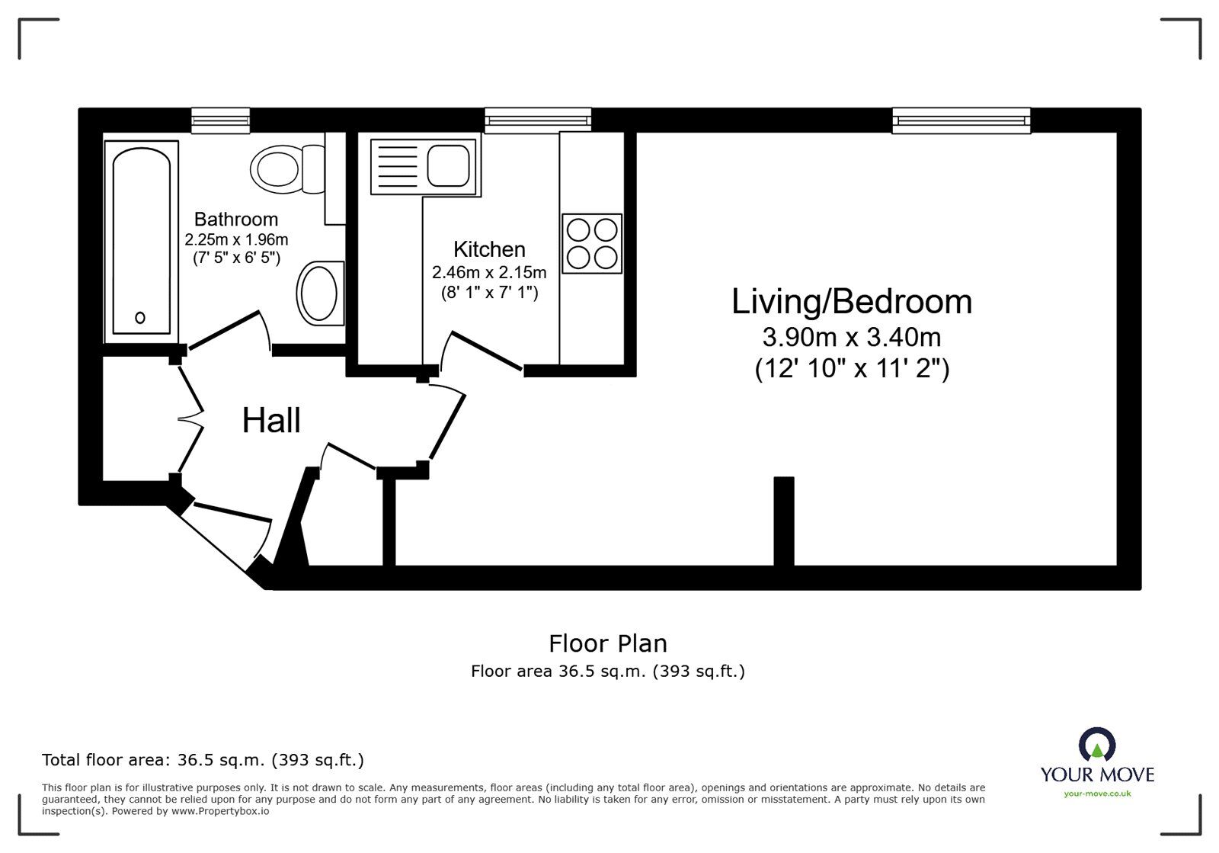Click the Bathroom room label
pyautogui.click(x=235, y=220)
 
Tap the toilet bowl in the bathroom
pyautogui.click(x=276, y=168)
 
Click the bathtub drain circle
pyautogui.click(x=140, y=318)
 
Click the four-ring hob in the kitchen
pyautogui.click(x=592, y=243)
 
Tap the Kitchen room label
pyautogui.click(x=489, y=249)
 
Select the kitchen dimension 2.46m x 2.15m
pyautogui.click(x=489, y=272)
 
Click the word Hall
pyautogui.click(x=271, y=421)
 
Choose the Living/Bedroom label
pyautogui.click(x=851, y=302)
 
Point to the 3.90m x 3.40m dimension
pyautogui.click(x=851, y=336)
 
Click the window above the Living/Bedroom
pyautogui.click(x=961, y=120)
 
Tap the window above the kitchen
pyautogui.click(x=538, y=120)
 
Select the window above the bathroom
pyautogui.click(x=220, y=120)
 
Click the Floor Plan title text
pyautogui.click(x=607, y=644)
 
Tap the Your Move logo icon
pyautogui.click(x=1097, y=745)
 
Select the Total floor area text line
pyautogui.click(x=203, y=760)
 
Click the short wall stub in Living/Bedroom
pyautogui.click(x=784, y=521)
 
